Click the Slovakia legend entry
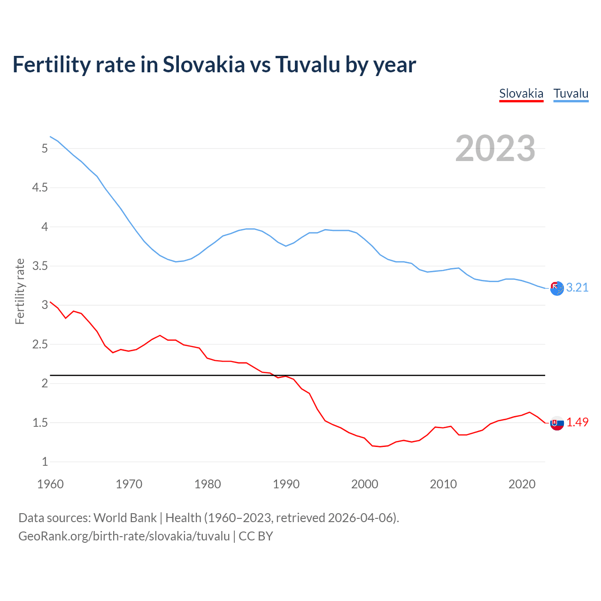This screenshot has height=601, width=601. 521,93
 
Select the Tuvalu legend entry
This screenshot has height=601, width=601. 570,93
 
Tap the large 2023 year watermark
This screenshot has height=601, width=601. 495,148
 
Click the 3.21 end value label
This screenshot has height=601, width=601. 577,287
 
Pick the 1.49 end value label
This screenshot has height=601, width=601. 577,422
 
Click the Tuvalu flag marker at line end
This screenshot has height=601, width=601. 557,289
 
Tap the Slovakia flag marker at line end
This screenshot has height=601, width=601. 557,423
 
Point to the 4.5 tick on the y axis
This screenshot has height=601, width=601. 40,188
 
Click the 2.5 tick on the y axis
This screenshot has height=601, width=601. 40,345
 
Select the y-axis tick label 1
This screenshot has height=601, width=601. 45,462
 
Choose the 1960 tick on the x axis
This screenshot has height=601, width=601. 50,484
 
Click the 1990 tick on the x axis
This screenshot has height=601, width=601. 286,484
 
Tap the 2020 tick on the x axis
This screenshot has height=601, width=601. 522,484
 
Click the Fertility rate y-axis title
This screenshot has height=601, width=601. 20,291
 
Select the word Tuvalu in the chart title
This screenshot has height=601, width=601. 308,64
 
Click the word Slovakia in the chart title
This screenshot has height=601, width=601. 204,64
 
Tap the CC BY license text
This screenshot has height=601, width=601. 256,536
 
